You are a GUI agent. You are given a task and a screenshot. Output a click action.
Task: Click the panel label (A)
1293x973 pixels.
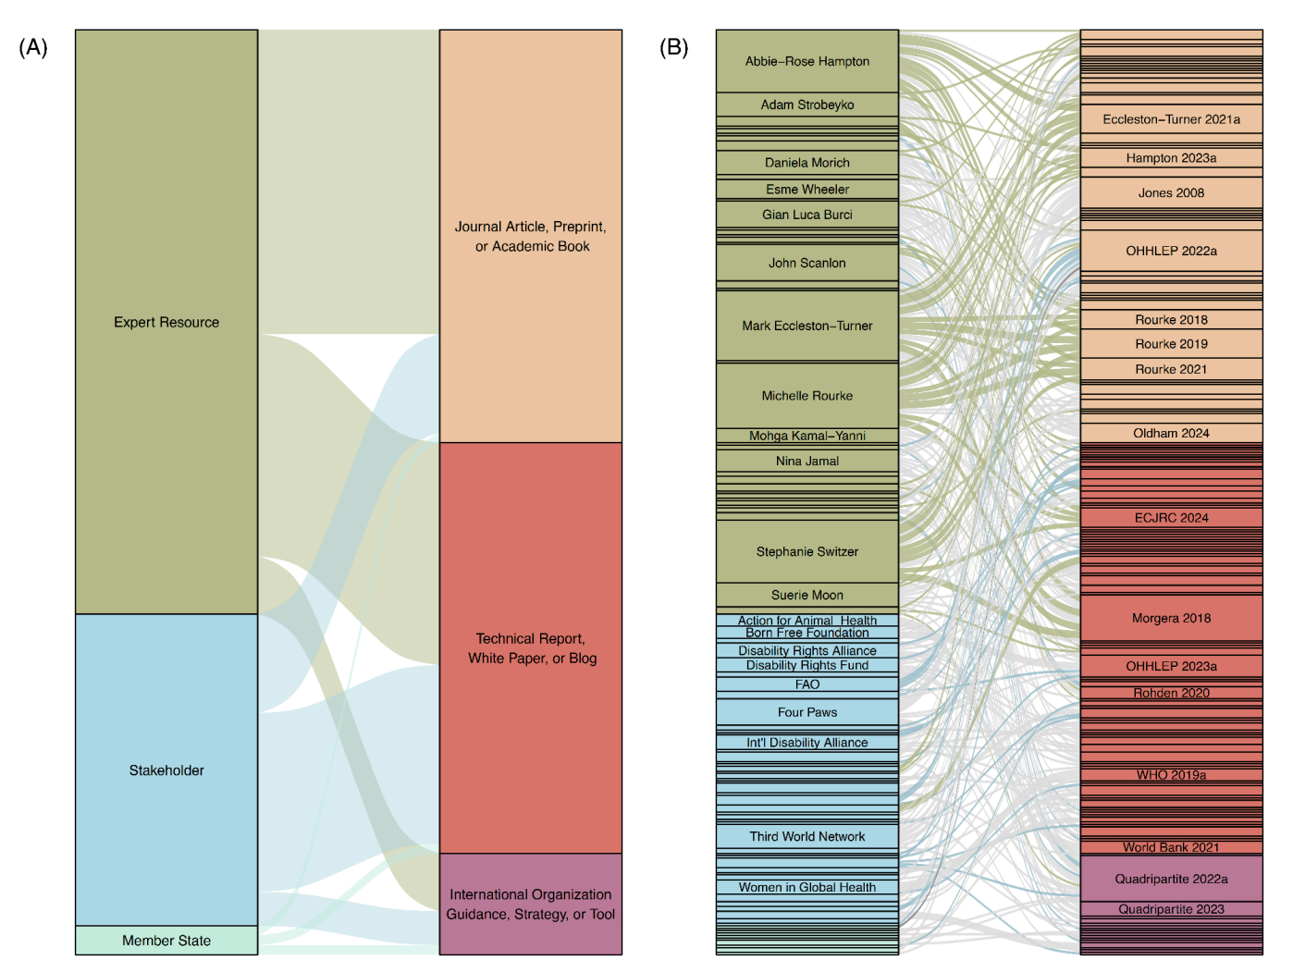point(33,47)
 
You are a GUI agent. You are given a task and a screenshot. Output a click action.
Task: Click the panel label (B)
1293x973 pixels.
point(673,47)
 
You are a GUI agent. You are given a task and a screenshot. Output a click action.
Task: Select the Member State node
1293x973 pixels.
point(166,941)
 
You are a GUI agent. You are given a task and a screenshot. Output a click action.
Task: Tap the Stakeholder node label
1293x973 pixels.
point(166,770)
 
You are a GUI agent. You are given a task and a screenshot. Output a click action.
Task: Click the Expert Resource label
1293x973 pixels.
point(166,322)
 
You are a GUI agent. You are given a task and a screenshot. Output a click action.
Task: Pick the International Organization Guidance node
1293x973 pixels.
point(530,905)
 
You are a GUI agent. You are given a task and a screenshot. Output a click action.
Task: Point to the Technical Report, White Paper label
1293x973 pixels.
point(531,648)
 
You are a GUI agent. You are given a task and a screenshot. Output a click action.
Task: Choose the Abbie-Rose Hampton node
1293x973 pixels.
point(807,61)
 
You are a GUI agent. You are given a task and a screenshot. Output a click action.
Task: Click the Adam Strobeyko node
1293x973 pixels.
point(807,105)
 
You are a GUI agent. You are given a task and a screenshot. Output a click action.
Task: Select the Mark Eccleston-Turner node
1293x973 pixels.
point(807,326)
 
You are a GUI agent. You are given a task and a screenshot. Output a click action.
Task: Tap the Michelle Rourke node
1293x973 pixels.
point(807,396)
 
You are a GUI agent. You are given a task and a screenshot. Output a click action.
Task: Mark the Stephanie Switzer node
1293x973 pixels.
point(807,551)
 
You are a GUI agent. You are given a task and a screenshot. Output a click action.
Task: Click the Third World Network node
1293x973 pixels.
point(807,836)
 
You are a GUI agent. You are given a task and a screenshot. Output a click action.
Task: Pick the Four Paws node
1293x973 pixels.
point(807,712)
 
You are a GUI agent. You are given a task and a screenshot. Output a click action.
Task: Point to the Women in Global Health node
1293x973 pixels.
point(807,887)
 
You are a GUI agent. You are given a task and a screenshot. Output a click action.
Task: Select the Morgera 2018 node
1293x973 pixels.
point(1171,618)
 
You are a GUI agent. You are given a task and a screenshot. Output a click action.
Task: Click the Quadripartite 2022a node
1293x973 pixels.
point(1171,879)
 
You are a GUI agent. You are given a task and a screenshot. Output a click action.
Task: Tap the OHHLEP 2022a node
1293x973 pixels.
point(1171,251)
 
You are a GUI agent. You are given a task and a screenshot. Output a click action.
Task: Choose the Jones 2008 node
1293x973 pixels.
point(1171,192)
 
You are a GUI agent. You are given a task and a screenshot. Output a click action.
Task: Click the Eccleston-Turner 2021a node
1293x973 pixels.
point(1171,119)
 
